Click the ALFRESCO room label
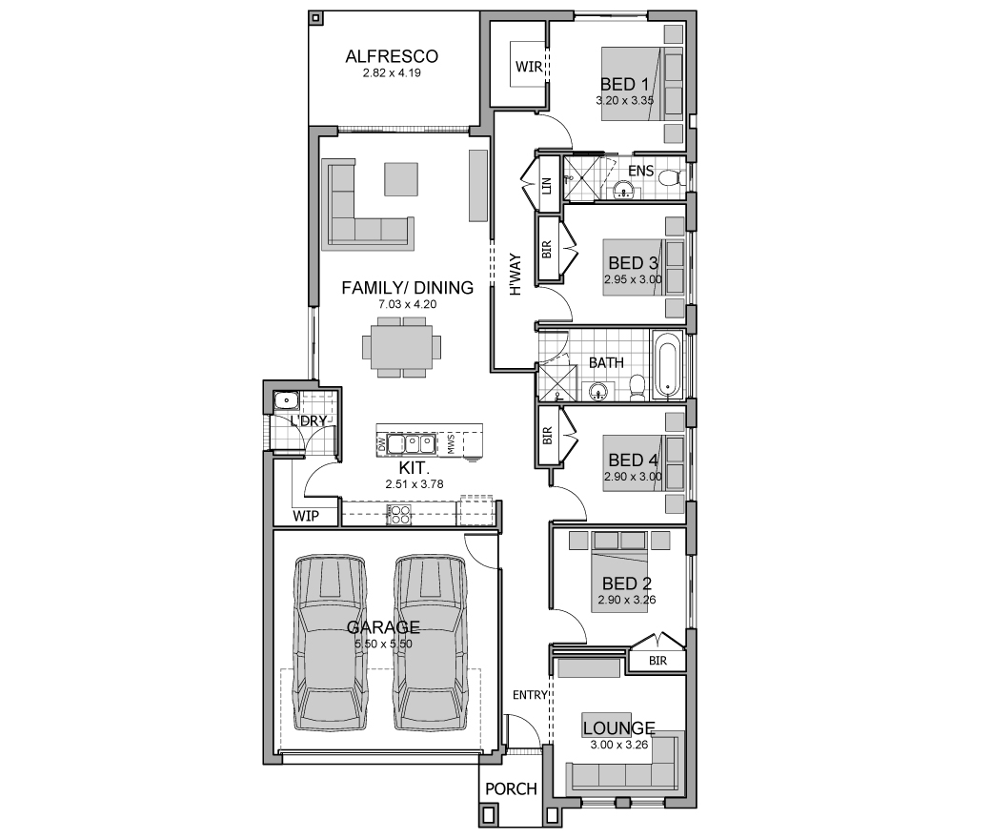coord(392,56)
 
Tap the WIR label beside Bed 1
coord(528,67)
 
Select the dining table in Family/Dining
coord(401,347)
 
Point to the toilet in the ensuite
coord(671,178)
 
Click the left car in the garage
coord(330,643)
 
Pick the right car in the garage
coord(431,643)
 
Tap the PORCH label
coord(511,789)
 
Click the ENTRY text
coord(530,695)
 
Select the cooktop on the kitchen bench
coord(399,514)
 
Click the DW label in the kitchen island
coord(381,444)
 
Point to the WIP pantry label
coord(306,516)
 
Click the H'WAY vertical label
coord(516,275)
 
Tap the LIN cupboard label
coord(547,185)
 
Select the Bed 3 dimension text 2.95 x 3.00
coord(633,278)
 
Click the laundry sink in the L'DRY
coord(286,400)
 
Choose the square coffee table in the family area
coord(401,179)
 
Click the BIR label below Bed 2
coord(657,661)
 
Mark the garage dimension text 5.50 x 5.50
coord(384,644)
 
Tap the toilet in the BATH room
coord(637,387)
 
